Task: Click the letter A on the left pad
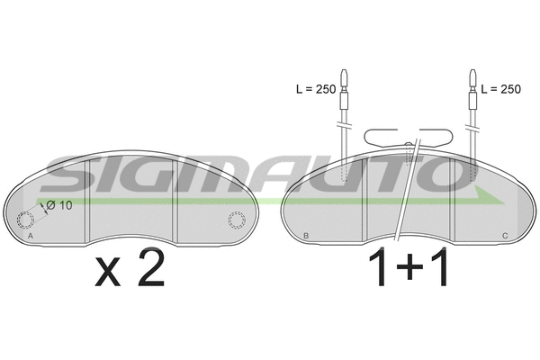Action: point(31,236)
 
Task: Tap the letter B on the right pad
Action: point(307,236)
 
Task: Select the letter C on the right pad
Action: point(504,236)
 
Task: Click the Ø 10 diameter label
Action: point(58,205)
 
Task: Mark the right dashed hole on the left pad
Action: point(237,219)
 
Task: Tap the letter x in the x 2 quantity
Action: point(108,274)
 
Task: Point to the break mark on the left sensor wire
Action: point(345,121)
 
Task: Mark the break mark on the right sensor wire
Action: point(471,121)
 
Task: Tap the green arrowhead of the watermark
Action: point(490,196)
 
